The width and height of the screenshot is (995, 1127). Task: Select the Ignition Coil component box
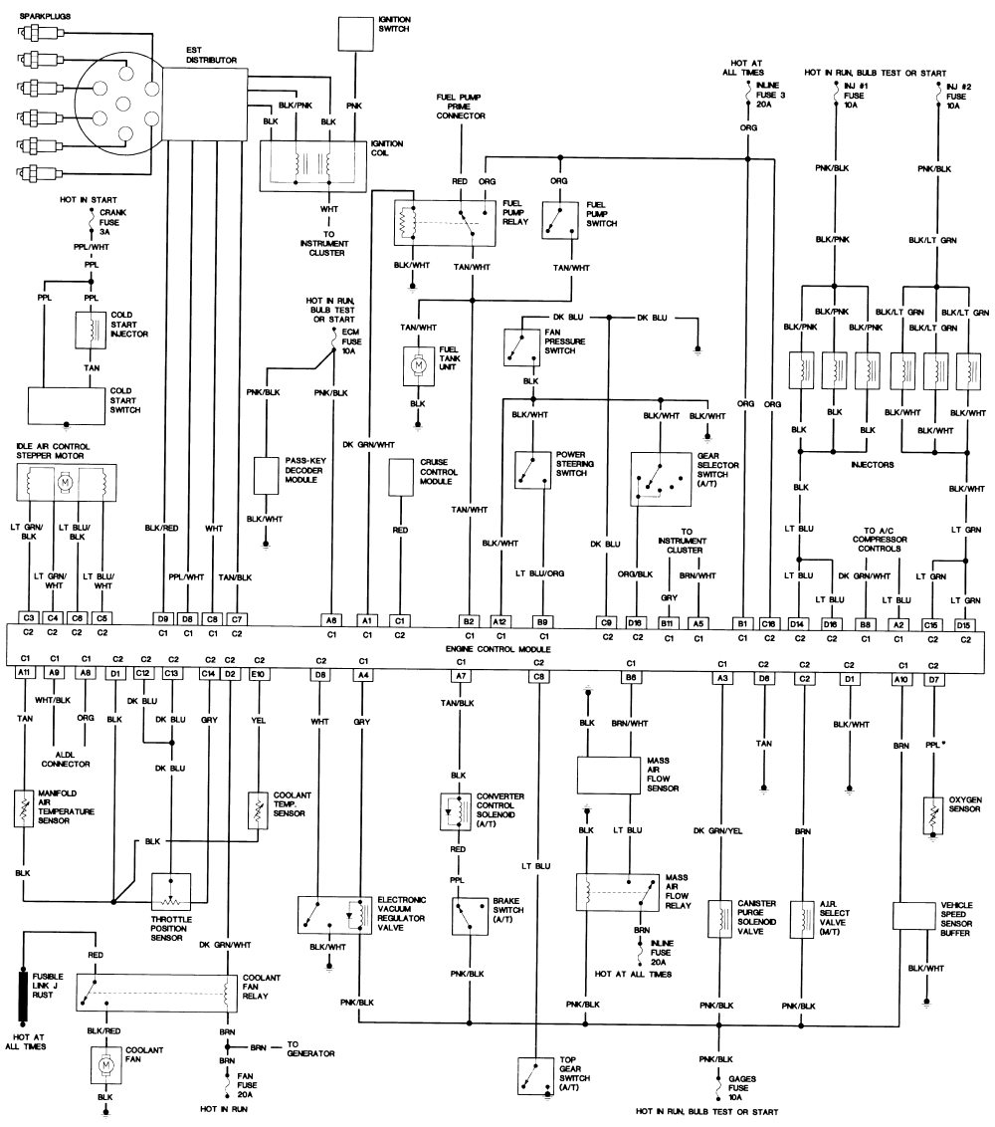pos(312,163)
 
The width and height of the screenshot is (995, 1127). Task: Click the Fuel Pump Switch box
pos(560,219)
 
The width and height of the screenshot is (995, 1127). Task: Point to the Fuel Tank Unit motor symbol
pos(419,365)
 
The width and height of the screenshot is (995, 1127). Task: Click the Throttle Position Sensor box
pos(171,888)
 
